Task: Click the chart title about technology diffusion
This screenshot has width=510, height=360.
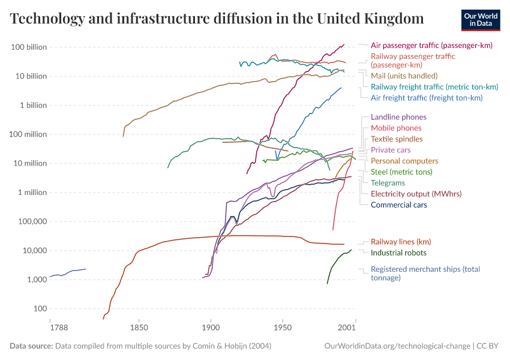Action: point(217,19)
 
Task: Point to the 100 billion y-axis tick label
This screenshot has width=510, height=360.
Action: point(29,47)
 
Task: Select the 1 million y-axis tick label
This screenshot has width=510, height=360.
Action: point(32,193)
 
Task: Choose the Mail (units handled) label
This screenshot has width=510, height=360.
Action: point(403,76)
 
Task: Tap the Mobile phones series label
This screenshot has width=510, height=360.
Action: point(396,128)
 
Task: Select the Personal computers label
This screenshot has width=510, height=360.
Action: point(404,161)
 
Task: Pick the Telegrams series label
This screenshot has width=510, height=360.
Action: point(388,182)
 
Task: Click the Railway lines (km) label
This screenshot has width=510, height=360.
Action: point(401,242)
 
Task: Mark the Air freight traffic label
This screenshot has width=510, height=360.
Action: point(427,97)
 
